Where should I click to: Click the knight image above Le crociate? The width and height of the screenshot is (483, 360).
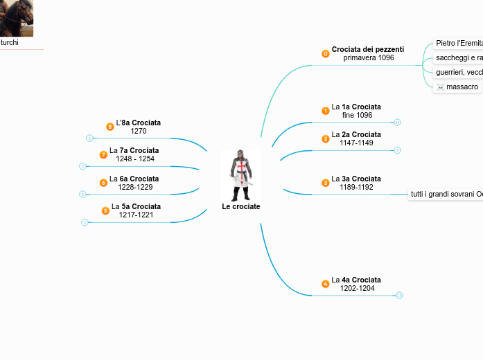click(240, 174)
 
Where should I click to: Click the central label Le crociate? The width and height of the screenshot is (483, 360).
click(240, 206)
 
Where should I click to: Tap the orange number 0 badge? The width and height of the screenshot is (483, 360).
click(326, 53)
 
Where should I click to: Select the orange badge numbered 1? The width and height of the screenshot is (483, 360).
click(326, 111)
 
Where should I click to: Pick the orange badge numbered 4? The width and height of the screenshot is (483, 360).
click(326, 284)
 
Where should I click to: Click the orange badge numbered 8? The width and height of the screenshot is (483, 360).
click(109, 127)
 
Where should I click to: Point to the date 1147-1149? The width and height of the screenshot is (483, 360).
click(356, 143)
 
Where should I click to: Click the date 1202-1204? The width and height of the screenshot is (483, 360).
click(357, 288)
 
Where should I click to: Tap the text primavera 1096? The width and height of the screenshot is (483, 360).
click(368, 58)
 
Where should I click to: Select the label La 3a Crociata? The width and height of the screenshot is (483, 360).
click(356, 179)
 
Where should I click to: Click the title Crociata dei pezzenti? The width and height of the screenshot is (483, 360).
click(367, 49)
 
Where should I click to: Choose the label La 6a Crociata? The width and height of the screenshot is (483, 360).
click(134, 179)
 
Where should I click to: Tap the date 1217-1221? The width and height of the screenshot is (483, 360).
click(136, 215)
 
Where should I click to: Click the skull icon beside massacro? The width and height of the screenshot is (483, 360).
click(440, 87)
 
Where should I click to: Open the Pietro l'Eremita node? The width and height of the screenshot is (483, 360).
click(458, 43)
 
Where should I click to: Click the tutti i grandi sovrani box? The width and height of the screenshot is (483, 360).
click(446, 195)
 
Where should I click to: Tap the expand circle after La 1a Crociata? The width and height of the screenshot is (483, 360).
click(397, 123)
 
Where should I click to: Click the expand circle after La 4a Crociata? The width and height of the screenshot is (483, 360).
click(399, 296)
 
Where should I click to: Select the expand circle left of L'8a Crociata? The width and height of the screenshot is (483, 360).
click(89, 138)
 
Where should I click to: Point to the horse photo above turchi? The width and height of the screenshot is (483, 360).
click(17, 18)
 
